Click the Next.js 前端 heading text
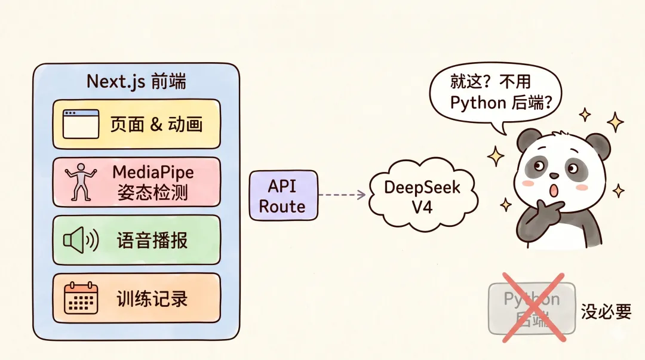tap(136, 81)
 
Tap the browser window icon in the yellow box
tap(80, 124)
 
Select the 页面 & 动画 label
tap(156, 124)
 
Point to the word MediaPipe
tap(153, 173)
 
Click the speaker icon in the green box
tap(80, 240)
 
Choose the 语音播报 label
tap(152, 240)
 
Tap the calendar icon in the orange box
tap(81, 297)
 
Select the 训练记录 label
tap(152, 298)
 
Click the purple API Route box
tap(282, 196)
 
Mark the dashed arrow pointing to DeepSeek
tap(342, 195)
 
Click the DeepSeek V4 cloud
tap(422, 196)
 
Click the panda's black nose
tap(554, 176)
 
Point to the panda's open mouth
tap(554, 190)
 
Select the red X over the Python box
tap(532, 307)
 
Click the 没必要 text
tap(606, 311)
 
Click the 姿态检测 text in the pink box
tap(153, 193)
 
